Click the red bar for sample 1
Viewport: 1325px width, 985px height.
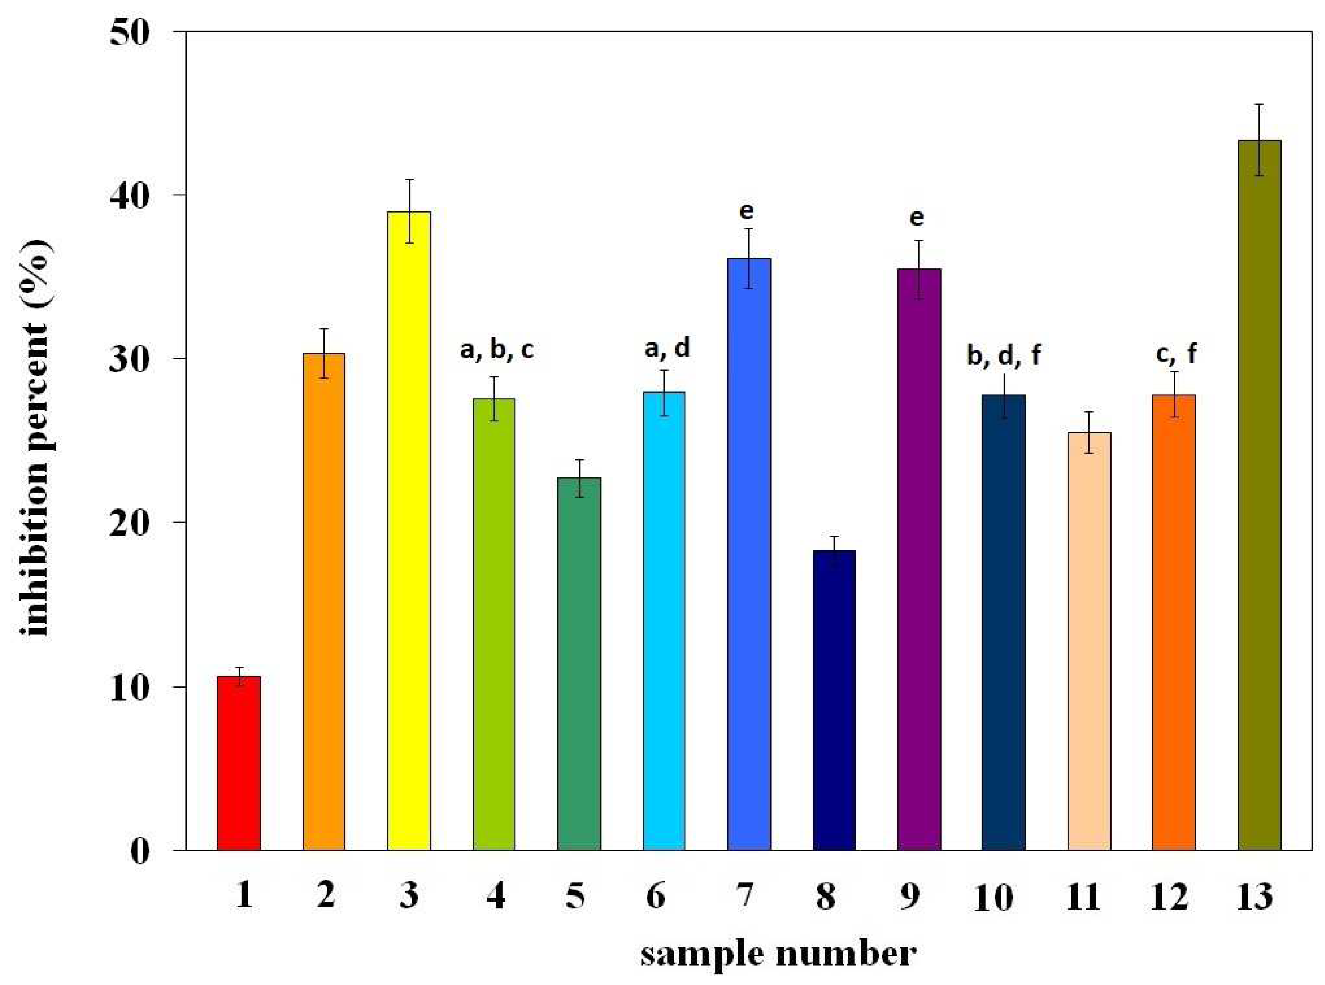[x=238, y=763]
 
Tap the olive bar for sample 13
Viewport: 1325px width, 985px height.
[x=1259, y=495]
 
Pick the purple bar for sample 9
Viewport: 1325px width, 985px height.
[x=919, y=560]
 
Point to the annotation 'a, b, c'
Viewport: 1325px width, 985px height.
[x=496, y=350]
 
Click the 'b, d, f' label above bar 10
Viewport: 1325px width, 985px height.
[x=1003, y=356]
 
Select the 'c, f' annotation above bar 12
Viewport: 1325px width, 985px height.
[x=1176, y=354]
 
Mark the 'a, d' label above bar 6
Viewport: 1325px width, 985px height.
[x=667, y=348]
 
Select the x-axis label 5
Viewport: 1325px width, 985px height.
[x=575, y=896]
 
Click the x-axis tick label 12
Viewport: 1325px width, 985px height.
[x=1169, y=897]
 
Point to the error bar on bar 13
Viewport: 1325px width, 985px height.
[x=1259, y=140]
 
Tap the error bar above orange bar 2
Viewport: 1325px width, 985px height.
[x=323, y=353]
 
